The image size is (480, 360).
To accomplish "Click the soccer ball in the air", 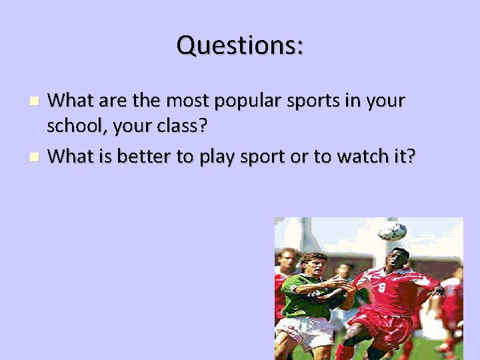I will click(x=391, y=231).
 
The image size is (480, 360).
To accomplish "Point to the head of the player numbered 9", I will click(x=397, y=259).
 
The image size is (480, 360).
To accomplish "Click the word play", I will click(x=223, y=156).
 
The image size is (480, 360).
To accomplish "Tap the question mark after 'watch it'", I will click(x=411, y=156).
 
